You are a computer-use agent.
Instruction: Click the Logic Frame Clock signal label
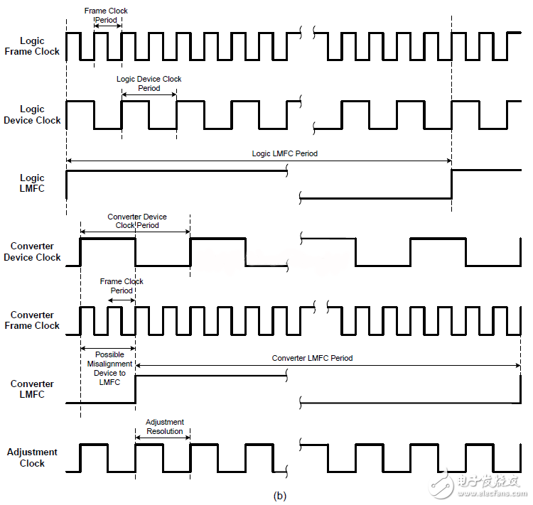click(x=33, y=46)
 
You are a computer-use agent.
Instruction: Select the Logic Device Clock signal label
click(x=33, y=114)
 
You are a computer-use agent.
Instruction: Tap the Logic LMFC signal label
click(x=33, y=183)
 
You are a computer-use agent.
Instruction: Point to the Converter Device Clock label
click(x=33, y=251)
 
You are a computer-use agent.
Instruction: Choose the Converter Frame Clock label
click(x=33, y=320)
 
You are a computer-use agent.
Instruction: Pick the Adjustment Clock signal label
click(x=33, y=457)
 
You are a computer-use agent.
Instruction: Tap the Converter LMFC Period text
click(x=312, y=358)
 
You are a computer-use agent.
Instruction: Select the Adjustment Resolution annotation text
click(x=164, y=426)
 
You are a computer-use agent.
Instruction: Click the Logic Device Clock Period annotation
click(x=149, y=84)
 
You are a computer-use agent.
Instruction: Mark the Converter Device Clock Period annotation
click(x=137, y=221)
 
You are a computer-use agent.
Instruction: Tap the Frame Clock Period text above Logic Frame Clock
click(x=107, y=16)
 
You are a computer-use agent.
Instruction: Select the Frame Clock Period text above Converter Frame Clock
click(x=122, y=286)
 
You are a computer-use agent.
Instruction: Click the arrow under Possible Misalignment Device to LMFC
click(x=108, y=348)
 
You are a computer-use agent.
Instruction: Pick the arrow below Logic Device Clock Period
click(x=149, y=94)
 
